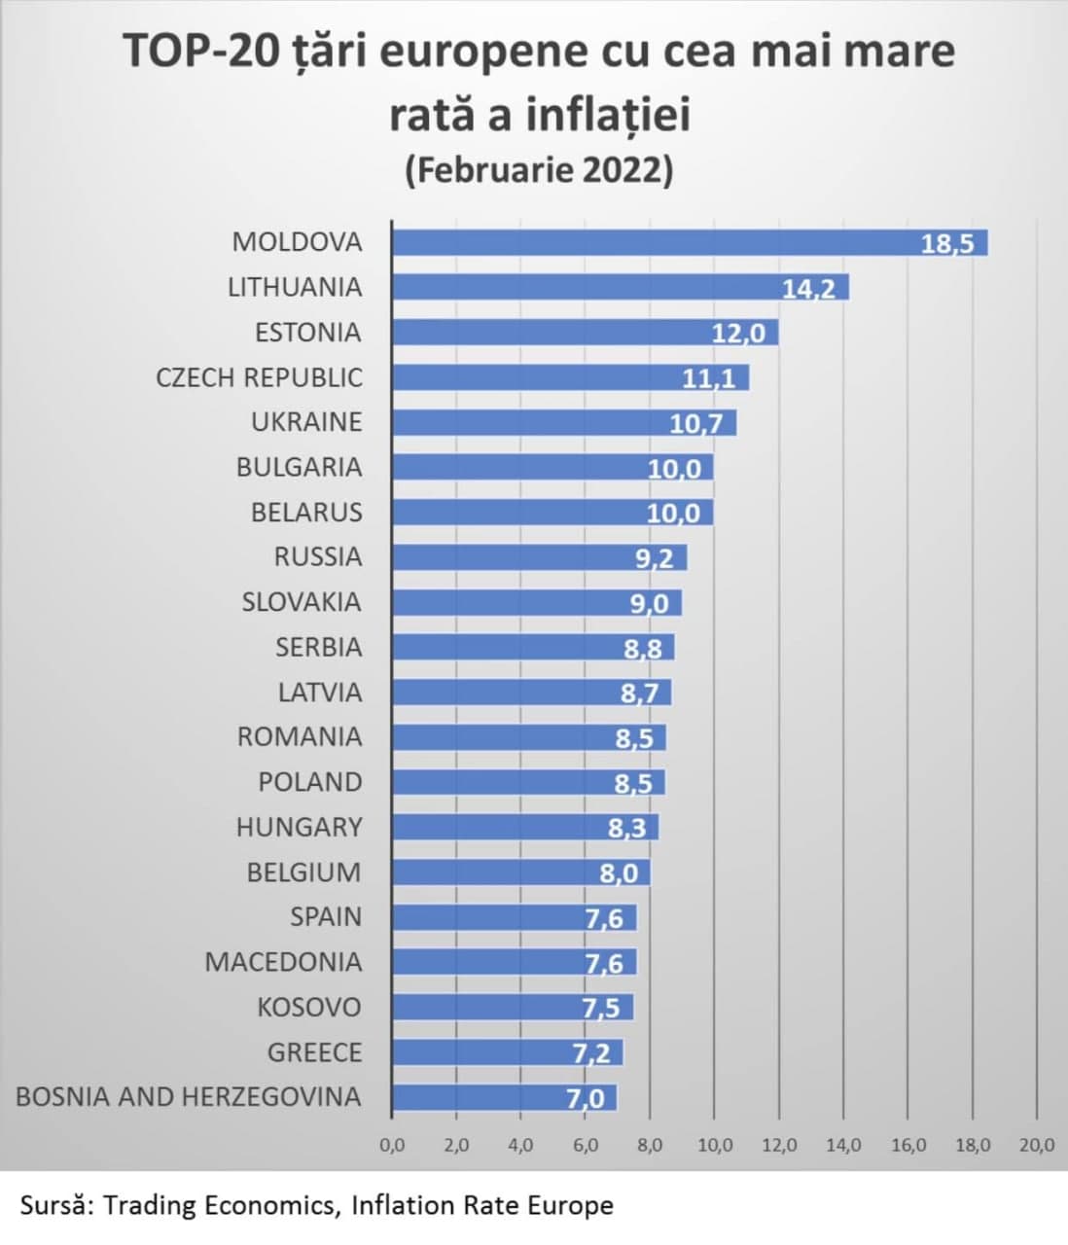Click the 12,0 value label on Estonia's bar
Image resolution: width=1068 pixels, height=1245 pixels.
(x=738, y=334)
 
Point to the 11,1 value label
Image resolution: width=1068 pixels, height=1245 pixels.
(x=709, y=378)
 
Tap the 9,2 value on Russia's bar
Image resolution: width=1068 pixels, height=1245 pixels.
(x=651, y=558)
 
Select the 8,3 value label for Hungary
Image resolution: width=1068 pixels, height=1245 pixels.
(x=628, y=829)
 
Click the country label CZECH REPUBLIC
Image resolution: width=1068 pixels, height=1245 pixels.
(x=259, y=377)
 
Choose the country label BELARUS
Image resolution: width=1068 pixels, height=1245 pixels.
(x=306, y=512)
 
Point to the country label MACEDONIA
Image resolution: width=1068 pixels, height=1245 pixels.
(x=283, y=962)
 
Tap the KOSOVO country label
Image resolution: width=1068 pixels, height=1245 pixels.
(x=308, y=1007)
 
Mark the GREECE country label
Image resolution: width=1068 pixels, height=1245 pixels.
(x=314, y=1052)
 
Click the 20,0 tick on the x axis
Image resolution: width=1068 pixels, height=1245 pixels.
(x=1037, y=1146)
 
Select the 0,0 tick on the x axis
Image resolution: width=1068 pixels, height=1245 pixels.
(x=392, y=1146)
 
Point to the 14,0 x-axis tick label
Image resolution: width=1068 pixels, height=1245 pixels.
(x=843, y=1146)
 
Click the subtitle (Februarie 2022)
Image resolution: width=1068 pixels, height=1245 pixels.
(x=539, y=170)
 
